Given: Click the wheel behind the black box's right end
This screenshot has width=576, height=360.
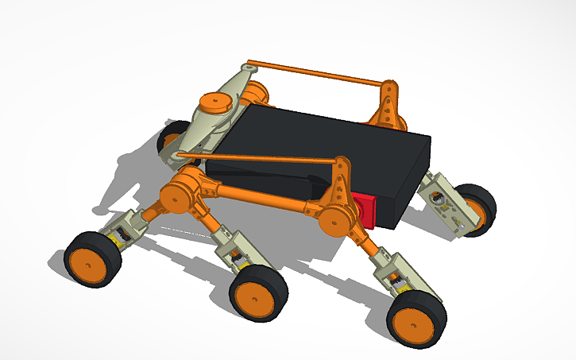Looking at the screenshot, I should (x=478, y=208).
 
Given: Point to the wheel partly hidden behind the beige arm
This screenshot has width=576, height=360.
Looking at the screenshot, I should (x=170, y=140).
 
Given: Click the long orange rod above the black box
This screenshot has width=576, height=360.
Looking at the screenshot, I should (x=318, y=72).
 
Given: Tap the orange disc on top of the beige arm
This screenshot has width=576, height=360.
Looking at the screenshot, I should (x=214, y=101).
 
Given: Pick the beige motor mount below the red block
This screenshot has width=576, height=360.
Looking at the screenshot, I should (x=393, y=273).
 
